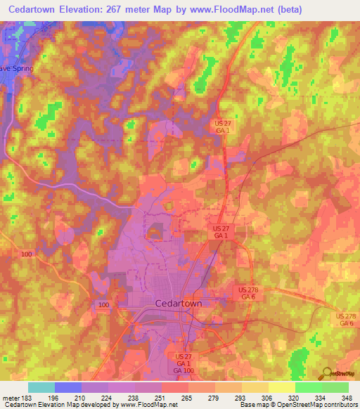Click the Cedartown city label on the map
178,303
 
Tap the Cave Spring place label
16,69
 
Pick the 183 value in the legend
27,397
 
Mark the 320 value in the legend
295,397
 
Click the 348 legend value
347,397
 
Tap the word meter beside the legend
10,397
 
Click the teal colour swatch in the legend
41,387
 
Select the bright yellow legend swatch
282,387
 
